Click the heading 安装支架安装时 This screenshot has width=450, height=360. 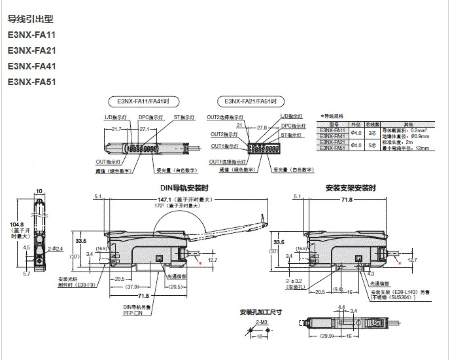tap(350, 188)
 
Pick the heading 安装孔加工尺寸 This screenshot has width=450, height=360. tap(260, 312)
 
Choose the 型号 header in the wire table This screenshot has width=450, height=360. tap(334, 123)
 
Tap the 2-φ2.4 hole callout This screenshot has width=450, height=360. tap(54, 249)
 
